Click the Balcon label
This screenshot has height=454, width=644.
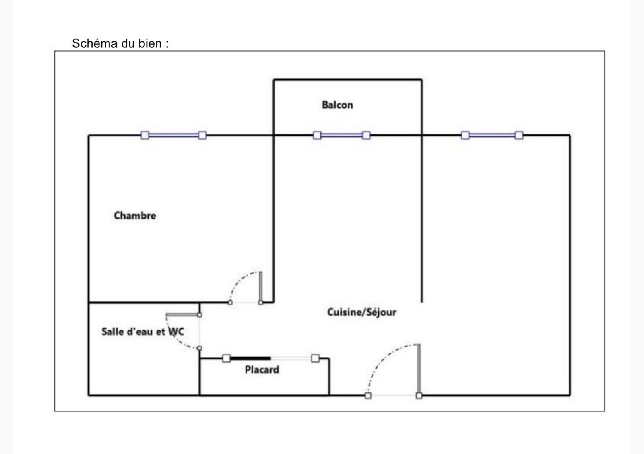click(337, 105)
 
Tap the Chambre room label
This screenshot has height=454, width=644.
click(135, 215)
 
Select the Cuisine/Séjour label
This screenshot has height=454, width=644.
click(362, 312)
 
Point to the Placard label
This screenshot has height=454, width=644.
click(262, 369)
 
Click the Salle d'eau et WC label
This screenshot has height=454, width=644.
click(142, 332)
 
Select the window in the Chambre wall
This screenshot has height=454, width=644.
click(173, 135)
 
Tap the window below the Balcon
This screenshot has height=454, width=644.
click(342, 135)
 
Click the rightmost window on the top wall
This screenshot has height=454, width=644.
click(492, 135)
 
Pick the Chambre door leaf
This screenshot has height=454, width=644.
click(260, 287)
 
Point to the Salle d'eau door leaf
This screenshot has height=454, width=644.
click(183, 315)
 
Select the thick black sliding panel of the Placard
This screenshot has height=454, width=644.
click(250, 358)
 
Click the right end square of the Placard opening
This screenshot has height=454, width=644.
click(316, 358)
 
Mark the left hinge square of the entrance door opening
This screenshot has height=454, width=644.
click(368, 396)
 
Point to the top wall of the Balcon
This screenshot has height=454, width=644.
click(348, 80)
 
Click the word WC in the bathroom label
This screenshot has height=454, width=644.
click(176, 332)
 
